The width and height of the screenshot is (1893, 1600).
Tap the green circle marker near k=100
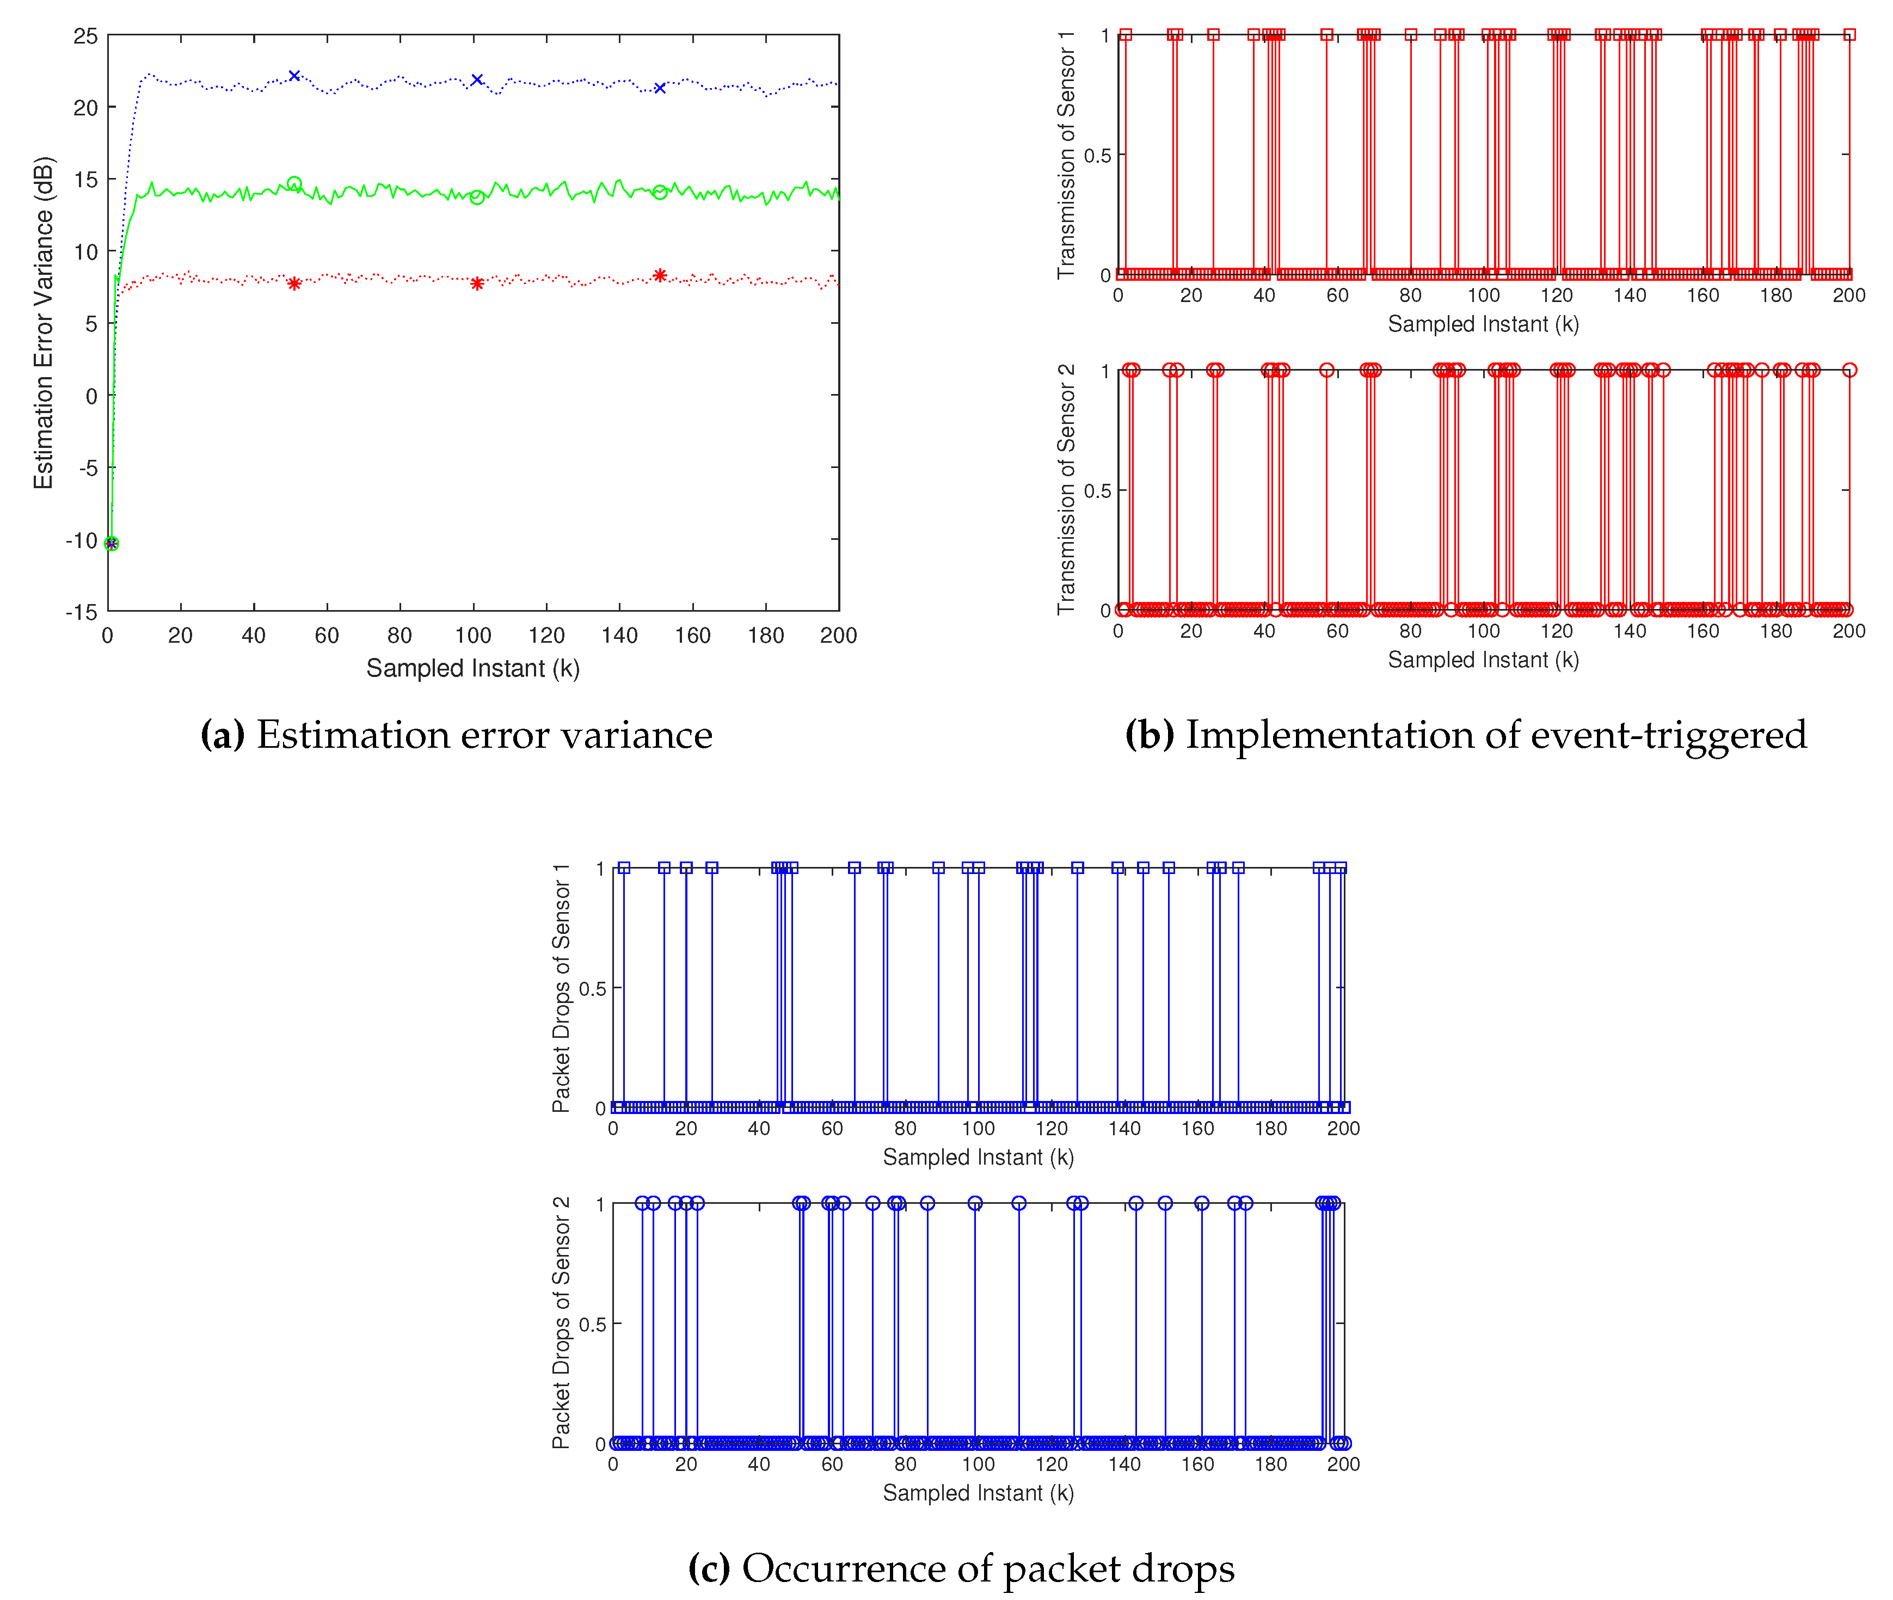tap(477, 197)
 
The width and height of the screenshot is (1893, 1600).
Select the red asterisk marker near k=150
tap(660, 275)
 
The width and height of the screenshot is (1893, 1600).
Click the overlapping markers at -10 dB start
tap(110, 543)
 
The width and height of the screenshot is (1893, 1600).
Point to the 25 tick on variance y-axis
tap(86, 36)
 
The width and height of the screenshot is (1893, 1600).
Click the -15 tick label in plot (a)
tap(82, 612)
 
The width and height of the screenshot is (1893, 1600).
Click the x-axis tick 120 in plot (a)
tap(546, 636)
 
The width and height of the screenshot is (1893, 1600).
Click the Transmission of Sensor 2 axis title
tap(1066, 490)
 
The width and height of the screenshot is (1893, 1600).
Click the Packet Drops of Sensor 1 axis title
tap(562, 988)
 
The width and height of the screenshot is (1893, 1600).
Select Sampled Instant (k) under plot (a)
tap(472, 668)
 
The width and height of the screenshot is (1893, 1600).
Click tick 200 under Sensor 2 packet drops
tap(1342, 1464)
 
